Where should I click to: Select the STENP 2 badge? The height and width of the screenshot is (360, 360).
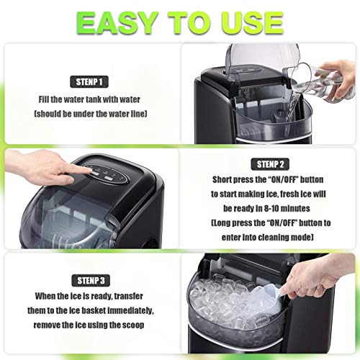click(x=269, y=163)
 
